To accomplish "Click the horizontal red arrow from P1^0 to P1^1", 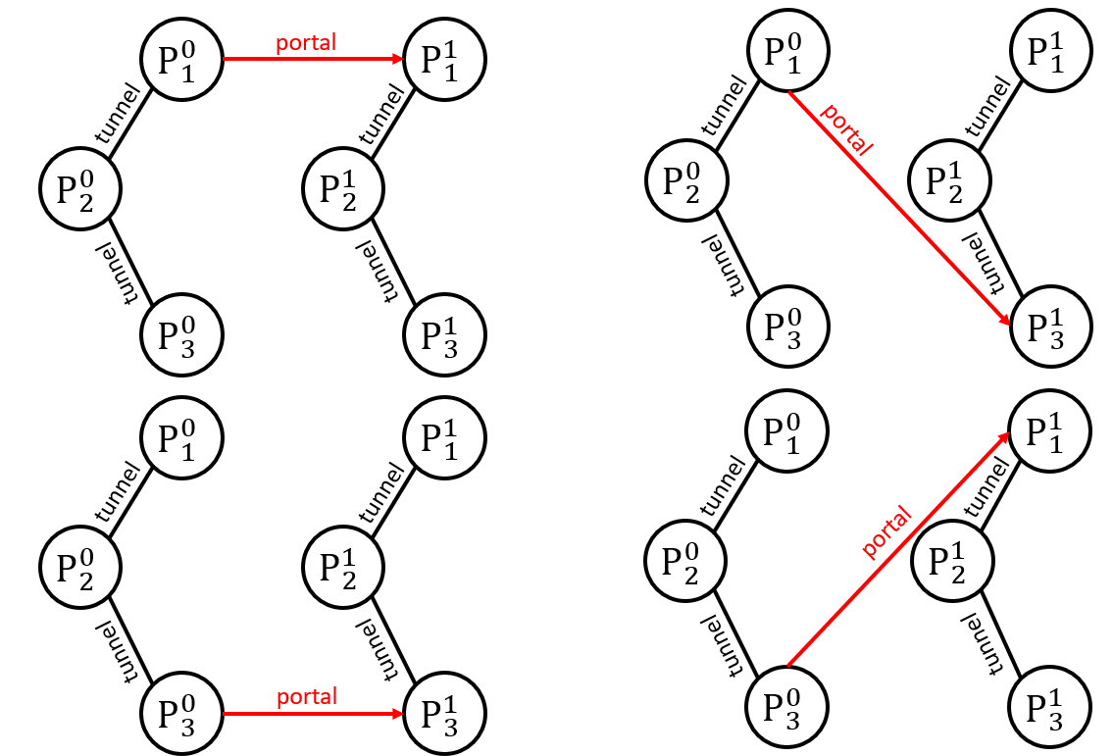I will point(314,59).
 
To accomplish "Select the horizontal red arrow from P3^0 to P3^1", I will point(314,715).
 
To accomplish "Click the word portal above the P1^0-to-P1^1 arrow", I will point(306,42).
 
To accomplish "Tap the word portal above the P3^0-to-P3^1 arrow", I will point(306,696).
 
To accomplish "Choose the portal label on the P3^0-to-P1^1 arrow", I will point(886,532).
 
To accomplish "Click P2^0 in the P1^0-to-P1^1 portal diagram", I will point(79,185).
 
